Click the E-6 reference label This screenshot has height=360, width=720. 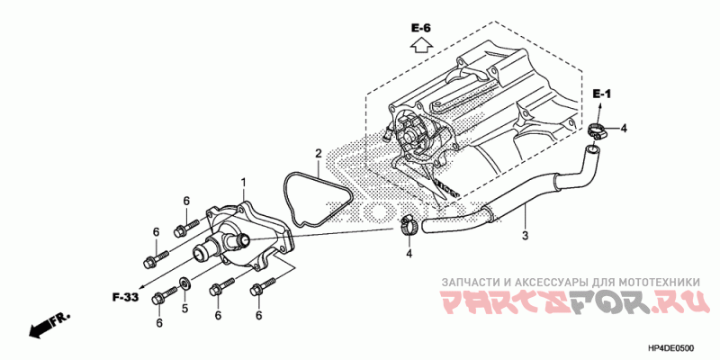click(x=420, y=29)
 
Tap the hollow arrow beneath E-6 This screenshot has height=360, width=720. click(x=420, y=46)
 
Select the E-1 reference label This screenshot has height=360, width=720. click(x=601, y=94)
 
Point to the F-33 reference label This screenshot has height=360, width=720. click(x=125, y=298)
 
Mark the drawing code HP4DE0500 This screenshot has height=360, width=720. click(x=670, y=349)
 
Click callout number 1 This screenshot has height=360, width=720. click(x=243, y=183)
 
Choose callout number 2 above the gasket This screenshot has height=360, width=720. click(x=318, y=153)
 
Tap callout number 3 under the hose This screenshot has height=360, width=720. click(x=525, y=236)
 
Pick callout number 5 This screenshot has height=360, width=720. click(x=184, y=309)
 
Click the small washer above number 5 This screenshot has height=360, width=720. click(x=184, y=281)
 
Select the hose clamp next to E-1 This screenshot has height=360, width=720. click(x=596, y=130)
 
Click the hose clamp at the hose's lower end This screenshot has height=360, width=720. click(x=408, y=225)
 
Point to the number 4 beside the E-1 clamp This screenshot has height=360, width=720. click(x=623, y=129)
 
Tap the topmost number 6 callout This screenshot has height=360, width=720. click(x=186, y=201)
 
